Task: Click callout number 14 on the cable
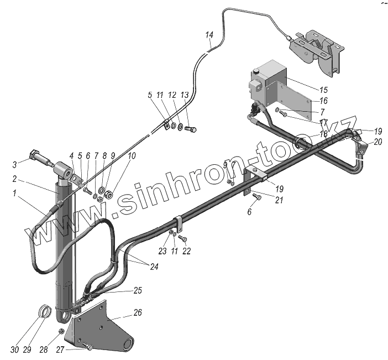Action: click(209, 35)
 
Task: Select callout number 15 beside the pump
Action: click(323, 90)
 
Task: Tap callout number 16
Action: click(323, 101)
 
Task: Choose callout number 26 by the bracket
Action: click(138, 312)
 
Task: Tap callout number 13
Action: click(184, 95)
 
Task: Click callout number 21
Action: click(279, 200)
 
